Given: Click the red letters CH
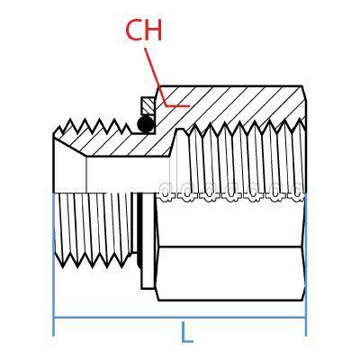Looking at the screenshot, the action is [144, 31].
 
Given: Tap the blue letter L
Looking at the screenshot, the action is [187, 332].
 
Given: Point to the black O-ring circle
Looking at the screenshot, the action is [146, 124].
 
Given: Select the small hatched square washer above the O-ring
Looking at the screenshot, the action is [147, 105].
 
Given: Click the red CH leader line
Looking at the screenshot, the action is [161, 87].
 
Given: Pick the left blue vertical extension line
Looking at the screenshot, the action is [53, 264].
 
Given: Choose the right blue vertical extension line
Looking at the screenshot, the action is [306, 264].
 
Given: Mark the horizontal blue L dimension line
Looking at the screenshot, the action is [179, 318].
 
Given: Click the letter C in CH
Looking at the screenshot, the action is [134, 31].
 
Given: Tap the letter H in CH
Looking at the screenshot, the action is [154, 31].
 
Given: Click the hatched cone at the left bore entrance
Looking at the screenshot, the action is [69, 145].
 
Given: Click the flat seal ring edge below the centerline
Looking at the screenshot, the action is [148, 241].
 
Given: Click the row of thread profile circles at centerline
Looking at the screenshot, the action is [230, 192].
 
